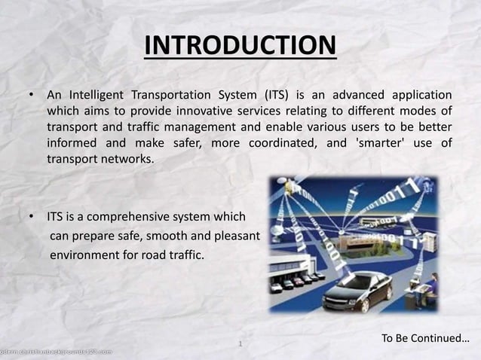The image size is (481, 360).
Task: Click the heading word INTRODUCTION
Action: click(240, 45)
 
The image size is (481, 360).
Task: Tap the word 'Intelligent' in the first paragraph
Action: click(96, 96)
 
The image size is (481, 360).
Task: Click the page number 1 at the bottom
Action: click(239, 345)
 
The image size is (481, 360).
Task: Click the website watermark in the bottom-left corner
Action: click(57, 352)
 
